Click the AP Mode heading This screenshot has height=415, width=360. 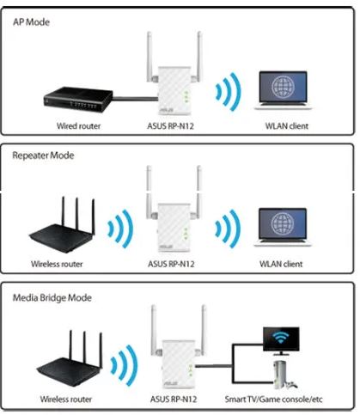[x=31, y=22]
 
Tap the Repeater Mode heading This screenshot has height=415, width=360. [x=43, y=156]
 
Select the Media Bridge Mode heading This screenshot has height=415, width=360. [x=52, y=297]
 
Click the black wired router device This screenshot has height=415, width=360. [x=78, y=99]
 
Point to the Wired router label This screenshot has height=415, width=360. [x=78, y=125]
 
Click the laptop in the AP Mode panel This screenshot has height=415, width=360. [x=283, y=90]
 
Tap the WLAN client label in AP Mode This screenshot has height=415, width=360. [x=287, y=125]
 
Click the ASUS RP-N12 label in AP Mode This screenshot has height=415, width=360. [x=170, y=125]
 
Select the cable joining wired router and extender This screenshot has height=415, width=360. [x=136, y=99]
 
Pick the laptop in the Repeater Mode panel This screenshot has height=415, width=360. [x=283, y=228]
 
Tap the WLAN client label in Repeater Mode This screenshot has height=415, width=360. [x=281, y=264]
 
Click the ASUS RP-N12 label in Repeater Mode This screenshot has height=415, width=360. [x=171, y=264]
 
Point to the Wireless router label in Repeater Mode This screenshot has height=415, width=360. [x=57, y=264]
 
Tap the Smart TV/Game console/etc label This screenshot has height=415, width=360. [x=273, y=399]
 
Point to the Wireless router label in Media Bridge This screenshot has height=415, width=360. [x=66, y=399]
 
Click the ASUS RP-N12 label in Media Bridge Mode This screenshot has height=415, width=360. [x=174, y=399]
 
